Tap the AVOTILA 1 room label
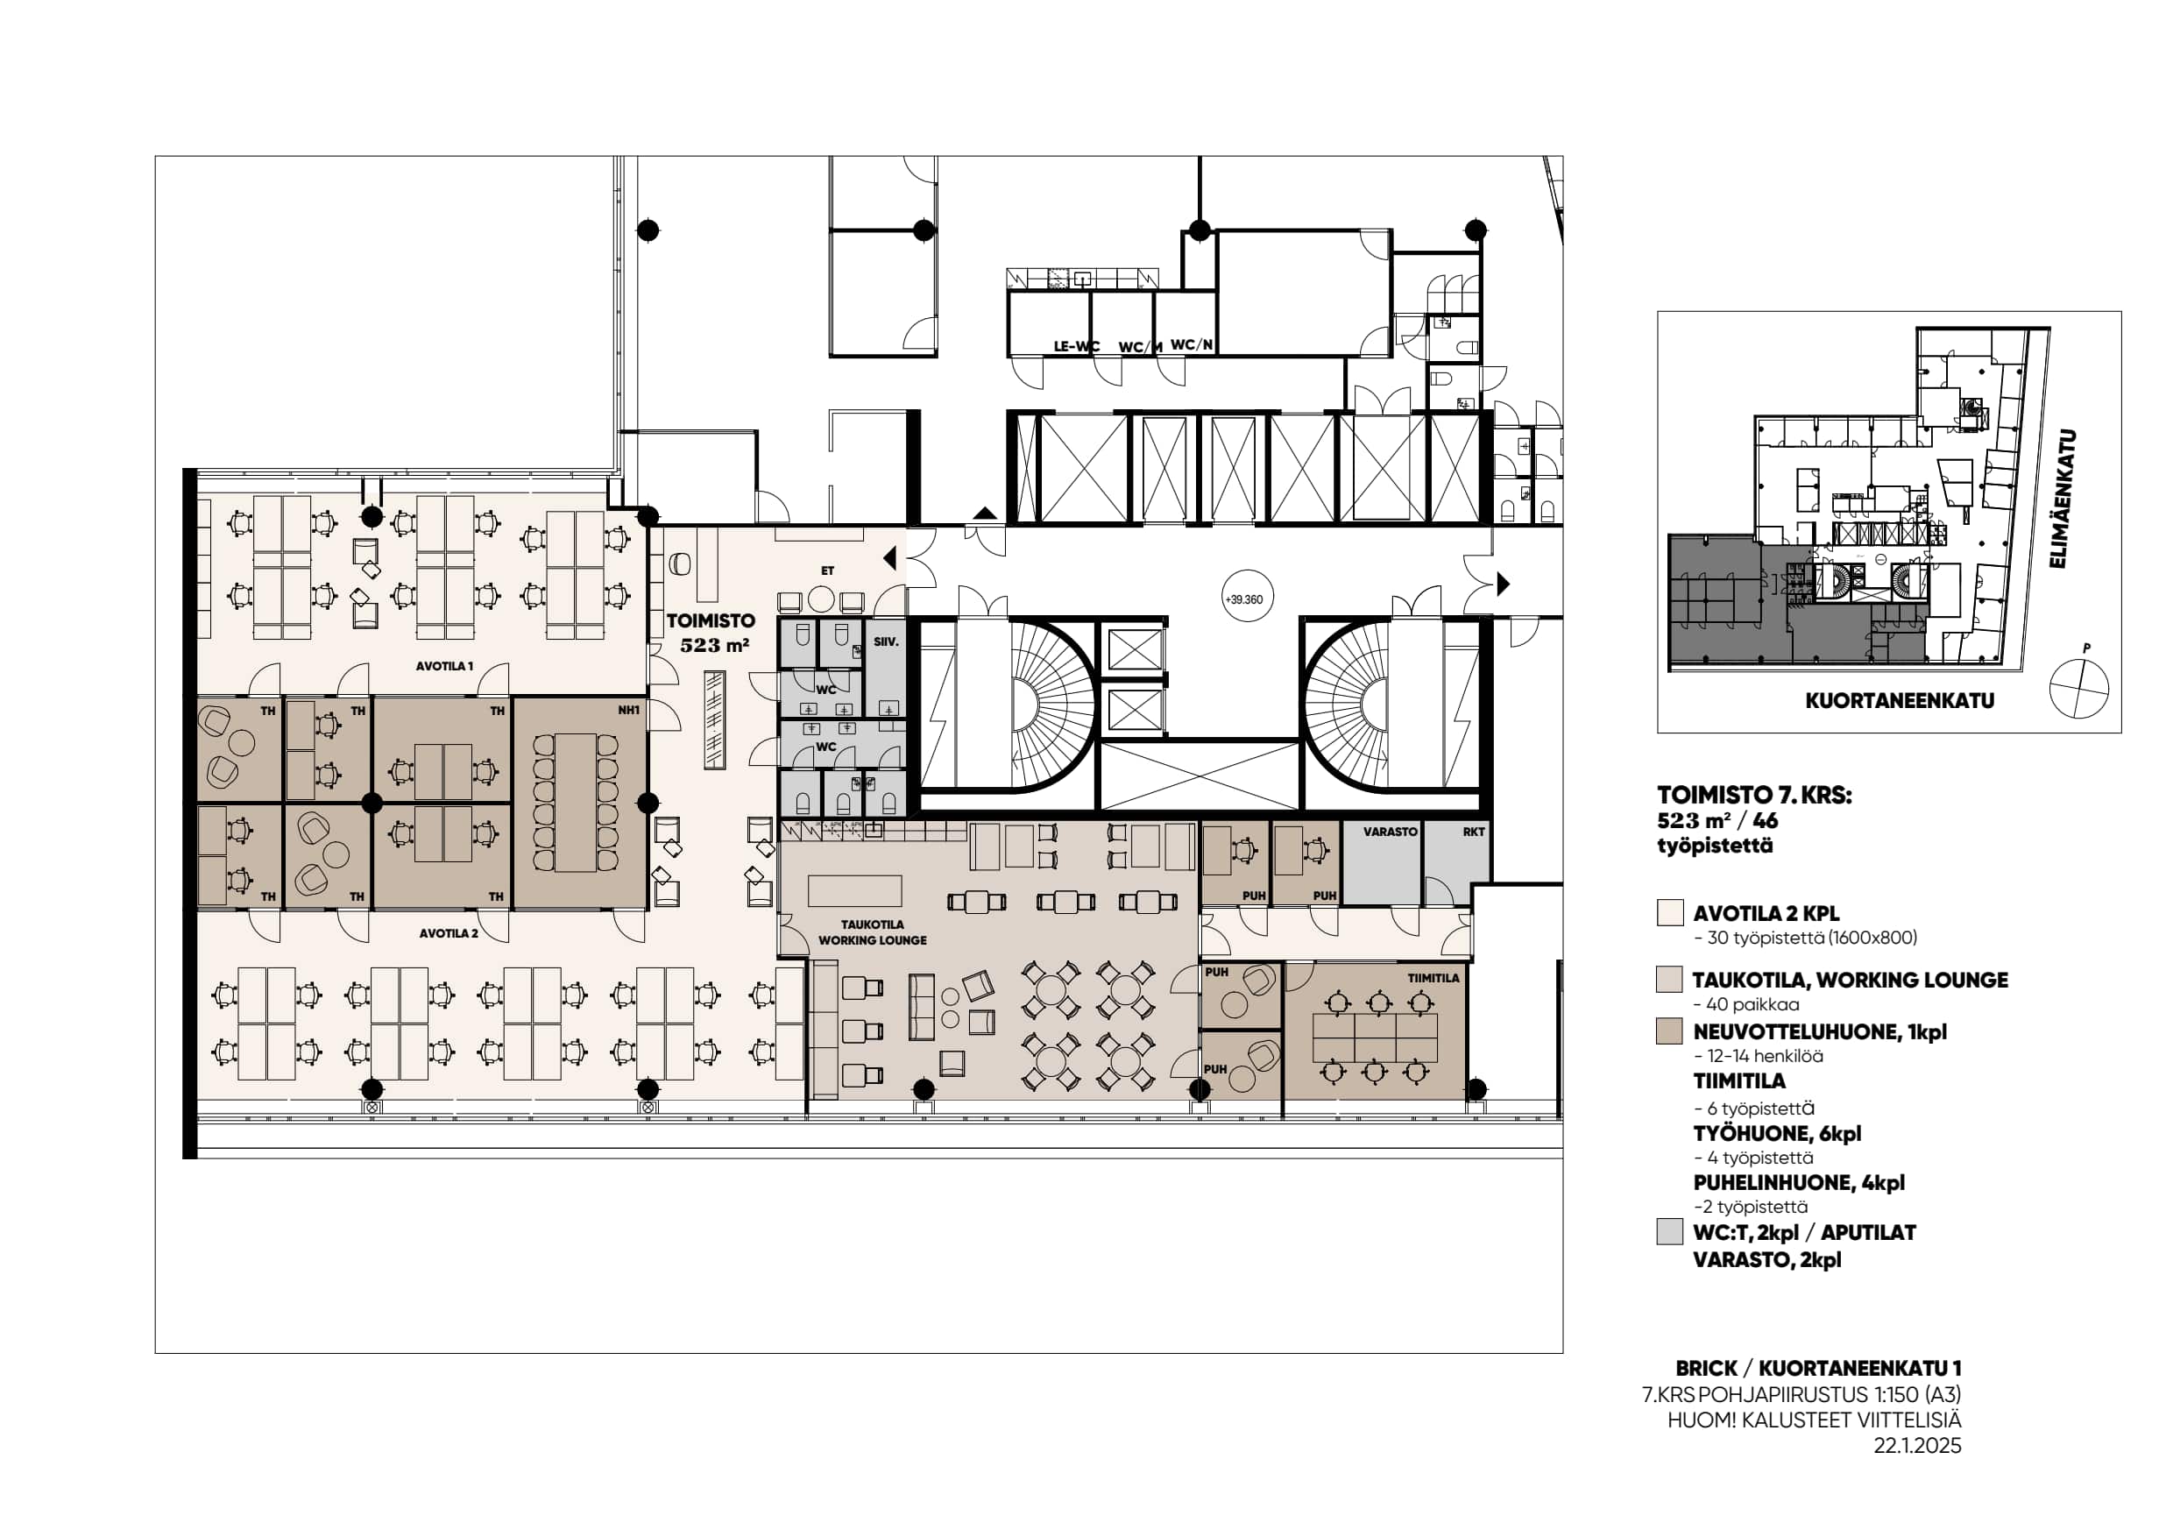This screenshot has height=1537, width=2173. point(444,666)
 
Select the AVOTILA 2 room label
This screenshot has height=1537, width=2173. point(449,933)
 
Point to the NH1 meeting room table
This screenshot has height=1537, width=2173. point(576,803)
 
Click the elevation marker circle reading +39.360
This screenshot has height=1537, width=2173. point(1243,599)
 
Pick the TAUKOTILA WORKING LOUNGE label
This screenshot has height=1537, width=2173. point(873,932)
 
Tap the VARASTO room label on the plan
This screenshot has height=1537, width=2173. point(1391,832)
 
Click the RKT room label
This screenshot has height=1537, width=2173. point(1474,832)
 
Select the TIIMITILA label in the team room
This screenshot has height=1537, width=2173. point(1433,978)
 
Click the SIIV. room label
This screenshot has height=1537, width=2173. point(886,641)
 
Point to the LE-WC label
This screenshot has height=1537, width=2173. point(1077,346)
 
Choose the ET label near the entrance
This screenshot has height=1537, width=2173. point(828,570)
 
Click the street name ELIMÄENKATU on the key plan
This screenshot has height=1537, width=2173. point(2063,499)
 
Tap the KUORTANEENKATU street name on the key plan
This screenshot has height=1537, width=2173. point(1900,701)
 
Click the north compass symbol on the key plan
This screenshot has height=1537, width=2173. point(2079,686)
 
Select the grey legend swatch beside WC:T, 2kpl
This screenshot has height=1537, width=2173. point(1669,1232)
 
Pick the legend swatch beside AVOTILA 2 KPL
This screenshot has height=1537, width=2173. point(1669,912)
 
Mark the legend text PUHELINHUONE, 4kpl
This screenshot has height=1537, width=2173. point(1799,1183)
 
